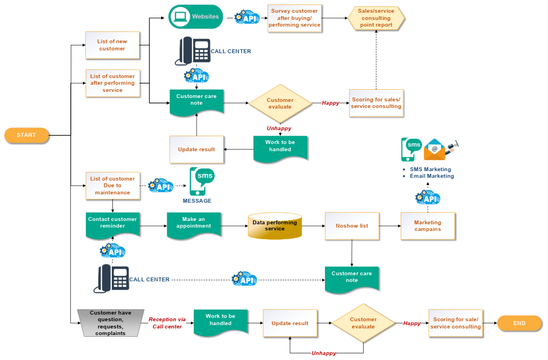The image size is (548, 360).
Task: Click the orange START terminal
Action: (x=26, y=135)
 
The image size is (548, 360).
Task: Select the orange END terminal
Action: (x=519, y=323)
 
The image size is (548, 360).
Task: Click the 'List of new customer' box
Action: (x=112, y=45)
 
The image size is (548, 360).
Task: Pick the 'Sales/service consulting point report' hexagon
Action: (x=376, y=18)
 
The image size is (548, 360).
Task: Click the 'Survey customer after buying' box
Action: (x=294, y=18)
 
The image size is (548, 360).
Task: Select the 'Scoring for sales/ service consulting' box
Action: (x=376, y=103)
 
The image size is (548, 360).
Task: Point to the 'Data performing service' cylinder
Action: (x=275, y=226)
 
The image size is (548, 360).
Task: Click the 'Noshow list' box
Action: (x=352, y=226)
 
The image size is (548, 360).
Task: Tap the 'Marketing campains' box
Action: (x=428, y=226)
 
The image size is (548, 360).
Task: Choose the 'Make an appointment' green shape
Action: (x=194, y=224)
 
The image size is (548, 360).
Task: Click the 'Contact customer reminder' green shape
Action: (x=112, y=224)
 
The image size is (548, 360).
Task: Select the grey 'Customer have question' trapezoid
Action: (x=110, y=323)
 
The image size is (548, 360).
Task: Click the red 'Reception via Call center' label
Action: (x=167, y=323)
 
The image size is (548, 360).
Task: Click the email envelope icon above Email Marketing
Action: (x=435, y=150)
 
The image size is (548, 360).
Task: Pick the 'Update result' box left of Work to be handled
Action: (x=197, y=150)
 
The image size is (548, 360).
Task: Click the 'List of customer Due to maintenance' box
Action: (x=112, y=186)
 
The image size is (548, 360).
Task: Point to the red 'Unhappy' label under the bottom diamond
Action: (x=324, y=353)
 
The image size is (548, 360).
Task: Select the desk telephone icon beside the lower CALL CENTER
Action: (x=112, y=279)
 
